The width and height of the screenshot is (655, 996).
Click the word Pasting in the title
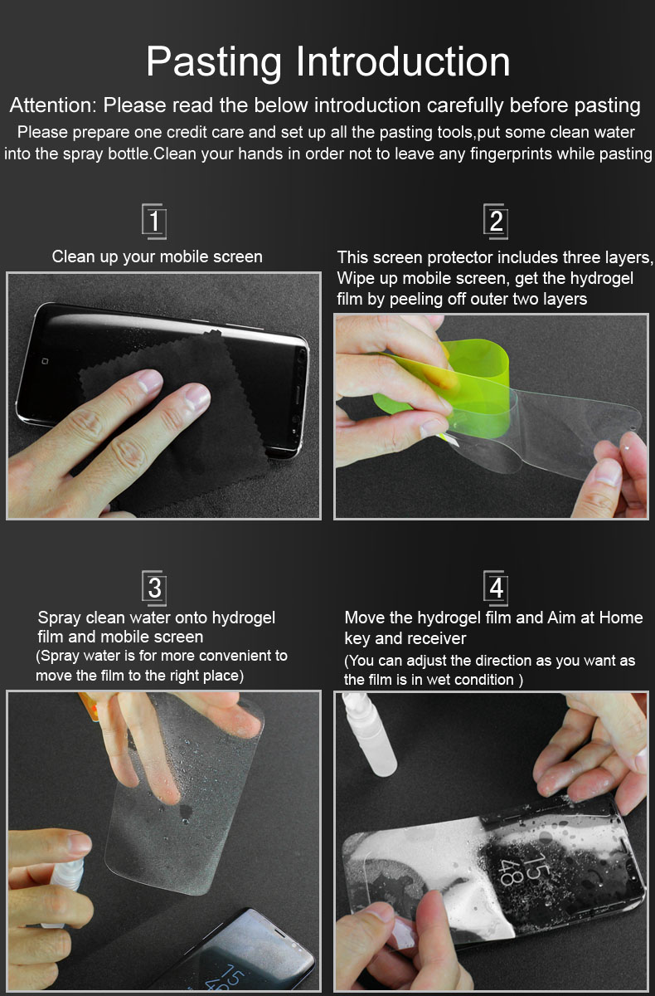214,62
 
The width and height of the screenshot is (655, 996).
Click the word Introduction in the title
403,61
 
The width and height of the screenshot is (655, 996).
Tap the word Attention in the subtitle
53,105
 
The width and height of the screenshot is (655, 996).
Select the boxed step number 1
154,222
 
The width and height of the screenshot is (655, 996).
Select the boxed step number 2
496,222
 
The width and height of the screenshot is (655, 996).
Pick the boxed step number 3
154,588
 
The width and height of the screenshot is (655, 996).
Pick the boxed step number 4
496,588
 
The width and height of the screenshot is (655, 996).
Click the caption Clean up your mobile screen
158,256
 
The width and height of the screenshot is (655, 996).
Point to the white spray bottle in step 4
369,734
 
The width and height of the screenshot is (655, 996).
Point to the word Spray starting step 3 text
59,618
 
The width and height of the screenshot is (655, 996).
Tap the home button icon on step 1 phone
45,361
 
